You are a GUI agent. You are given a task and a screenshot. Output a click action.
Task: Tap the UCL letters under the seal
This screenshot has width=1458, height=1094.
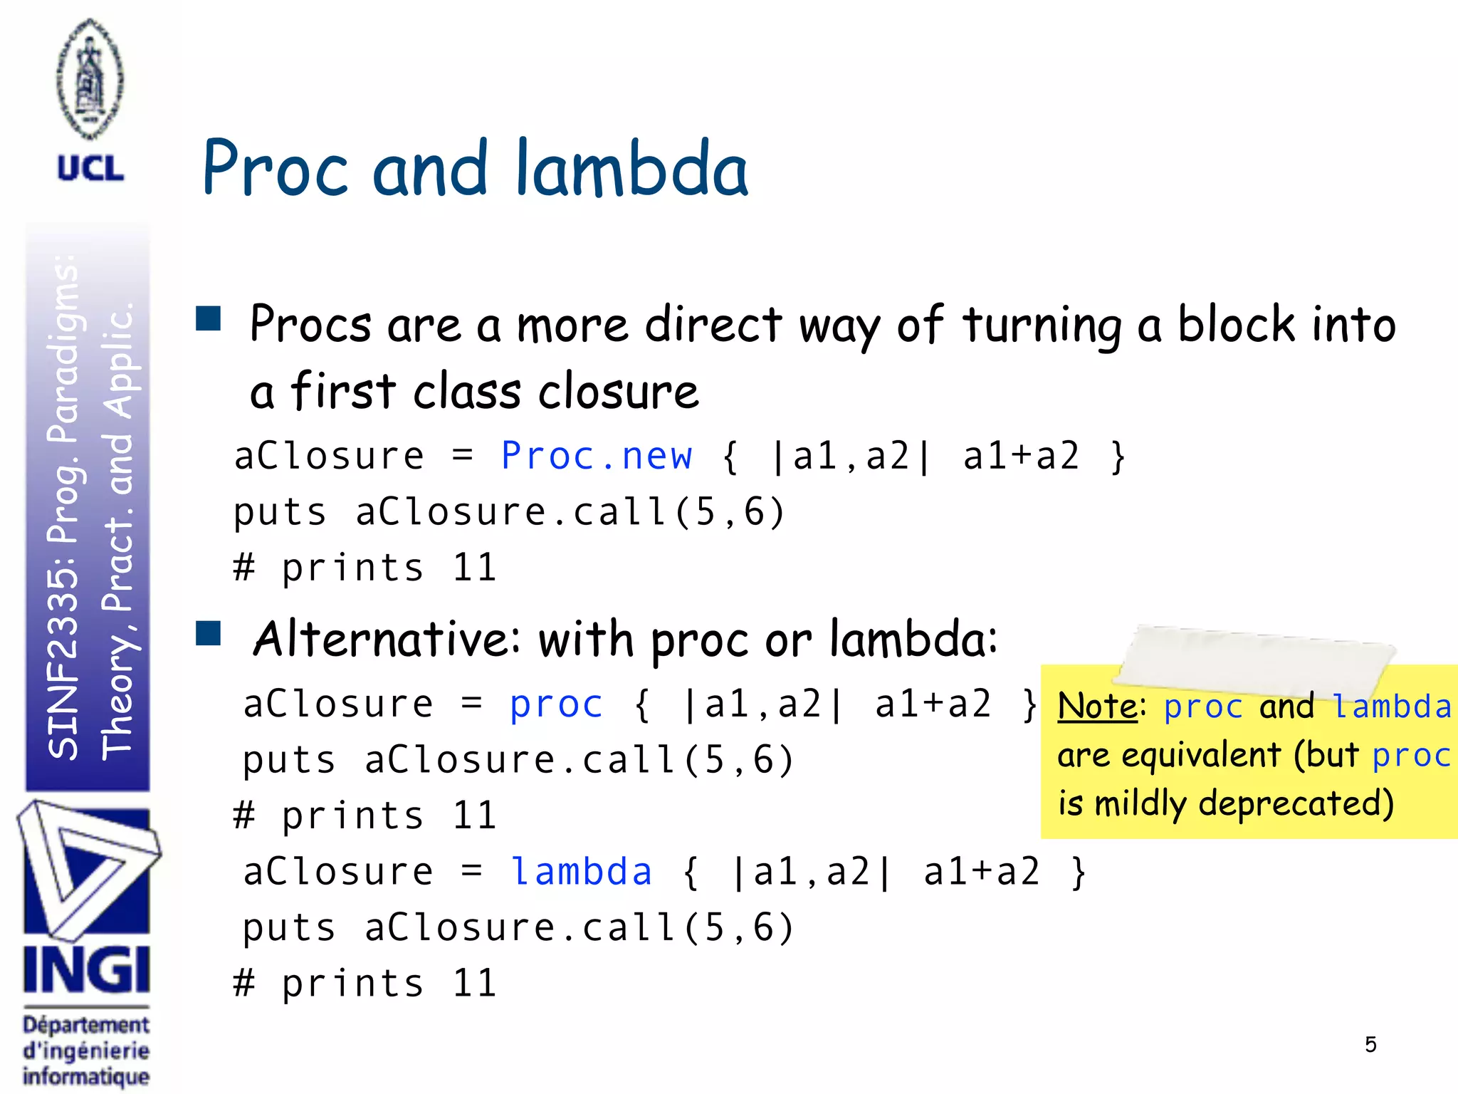click(x=90, y=170)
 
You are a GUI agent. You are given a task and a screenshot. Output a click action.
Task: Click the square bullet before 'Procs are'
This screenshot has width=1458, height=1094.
click(x=209, y=318)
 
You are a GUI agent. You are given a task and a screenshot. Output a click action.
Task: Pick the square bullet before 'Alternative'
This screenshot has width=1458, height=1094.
click(x=209, y=633)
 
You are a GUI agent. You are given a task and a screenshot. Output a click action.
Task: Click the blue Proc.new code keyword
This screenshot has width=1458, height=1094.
click(x=597, y=456)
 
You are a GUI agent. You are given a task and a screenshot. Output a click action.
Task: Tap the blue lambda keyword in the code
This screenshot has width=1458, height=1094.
click(x=581, y=872)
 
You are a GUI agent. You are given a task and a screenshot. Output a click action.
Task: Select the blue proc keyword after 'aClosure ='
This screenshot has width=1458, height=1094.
click(x=556, y=704)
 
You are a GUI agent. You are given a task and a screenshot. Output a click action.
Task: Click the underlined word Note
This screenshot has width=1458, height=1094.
click(x=1097, y=707)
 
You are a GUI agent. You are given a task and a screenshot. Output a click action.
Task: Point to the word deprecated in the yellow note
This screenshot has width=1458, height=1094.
click(x=1296, y=803)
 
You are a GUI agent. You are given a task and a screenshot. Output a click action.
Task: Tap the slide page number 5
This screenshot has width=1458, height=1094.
click(x=1370, y=1045)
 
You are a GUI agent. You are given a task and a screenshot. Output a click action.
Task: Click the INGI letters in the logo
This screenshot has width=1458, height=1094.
click(x=87, y=970)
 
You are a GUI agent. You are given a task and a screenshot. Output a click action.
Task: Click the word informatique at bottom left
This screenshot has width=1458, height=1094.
click(x=86, y=1076)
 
